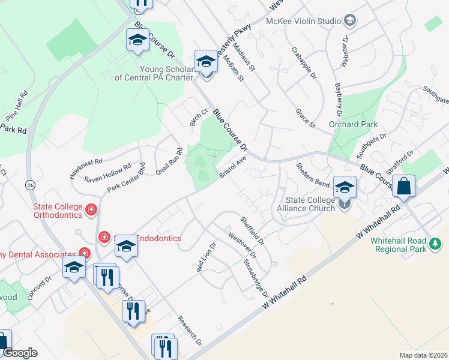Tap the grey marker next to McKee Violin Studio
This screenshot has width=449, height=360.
click(x=350, y=21)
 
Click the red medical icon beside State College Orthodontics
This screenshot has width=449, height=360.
click(x=91, y=209)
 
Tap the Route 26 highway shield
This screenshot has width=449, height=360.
click(x=29, y=186)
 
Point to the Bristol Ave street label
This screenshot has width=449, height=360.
click(x=234, y=167)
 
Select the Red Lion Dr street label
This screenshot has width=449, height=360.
click(x=206, y=257)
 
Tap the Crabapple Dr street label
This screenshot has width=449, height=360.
click(x=304, y=63)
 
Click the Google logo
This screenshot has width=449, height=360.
click(x=20, y=353)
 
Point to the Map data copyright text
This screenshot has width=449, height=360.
click(x=424, y=355)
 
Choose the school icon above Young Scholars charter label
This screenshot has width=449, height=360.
click(x=205, y=61)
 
